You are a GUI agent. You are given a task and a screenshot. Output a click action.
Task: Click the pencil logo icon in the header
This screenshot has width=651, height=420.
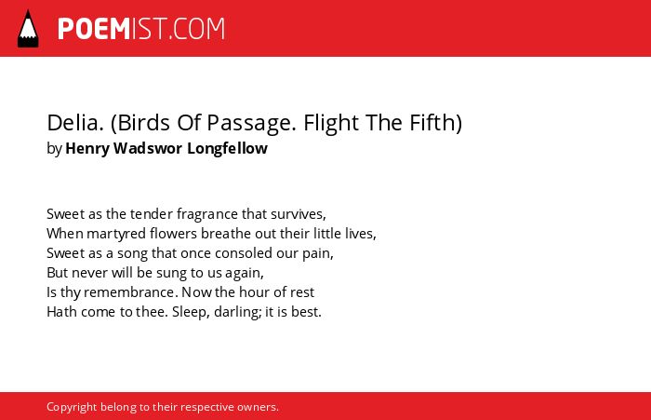coord(28,29)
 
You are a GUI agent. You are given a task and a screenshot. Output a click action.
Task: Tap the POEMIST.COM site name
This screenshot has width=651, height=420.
coord(141,29)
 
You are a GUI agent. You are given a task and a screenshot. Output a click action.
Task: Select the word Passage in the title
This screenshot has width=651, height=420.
coord(251,124)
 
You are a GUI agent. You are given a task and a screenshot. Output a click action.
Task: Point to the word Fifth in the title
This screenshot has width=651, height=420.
coord(432,123)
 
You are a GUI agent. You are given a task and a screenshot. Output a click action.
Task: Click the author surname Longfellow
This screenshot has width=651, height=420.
coord(227,148)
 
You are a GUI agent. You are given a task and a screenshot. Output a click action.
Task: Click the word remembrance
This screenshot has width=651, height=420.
coord(131,292)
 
